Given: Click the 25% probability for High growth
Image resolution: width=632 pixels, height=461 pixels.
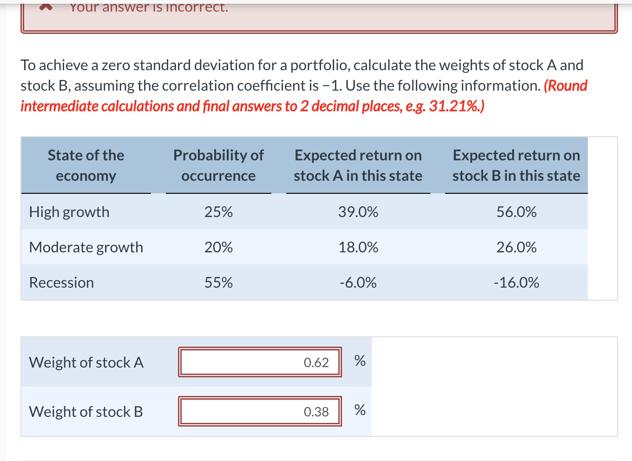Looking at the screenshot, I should (218, 212).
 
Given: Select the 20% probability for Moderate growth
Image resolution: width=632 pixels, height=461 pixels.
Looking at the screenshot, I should (218, 247).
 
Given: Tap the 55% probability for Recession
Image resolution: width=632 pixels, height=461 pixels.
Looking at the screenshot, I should (218, 283).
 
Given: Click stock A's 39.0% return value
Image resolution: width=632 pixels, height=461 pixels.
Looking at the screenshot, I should (358, 212).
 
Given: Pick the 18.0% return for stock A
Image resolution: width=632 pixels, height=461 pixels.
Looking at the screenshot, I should (358, 247).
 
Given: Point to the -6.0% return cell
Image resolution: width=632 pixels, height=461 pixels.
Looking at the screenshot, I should (358, 283).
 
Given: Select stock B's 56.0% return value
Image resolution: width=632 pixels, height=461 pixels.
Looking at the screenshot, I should (516, 212).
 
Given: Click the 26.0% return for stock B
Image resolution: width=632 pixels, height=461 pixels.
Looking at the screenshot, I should (516, 247).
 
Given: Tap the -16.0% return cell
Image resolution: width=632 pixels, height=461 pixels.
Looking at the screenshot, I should (516, 283).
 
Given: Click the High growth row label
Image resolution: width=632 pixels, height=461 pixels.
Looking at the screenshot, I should (69, 212).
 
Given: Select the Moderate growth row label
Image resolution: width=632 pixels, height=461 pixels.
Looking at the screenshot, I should (86, 247).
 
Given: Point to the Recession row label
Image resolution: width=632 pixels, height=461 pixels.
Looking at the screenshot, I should (61, 283).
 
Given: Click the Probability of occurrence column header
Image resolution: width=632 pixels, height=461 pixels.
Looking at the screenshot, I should (218, 165).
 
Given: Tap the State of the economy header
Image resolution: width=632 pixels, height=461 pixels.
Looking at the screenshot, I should (86, 165).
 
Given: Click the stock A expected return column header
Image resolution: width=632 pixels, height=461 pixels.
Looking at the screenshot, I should (358, 165).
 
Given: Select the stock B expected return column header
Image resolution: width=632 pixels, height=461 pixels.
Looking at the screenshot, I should (516, 165).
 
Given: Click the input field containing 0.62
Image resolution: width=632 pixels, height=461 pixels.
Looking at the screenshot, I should (260, 362).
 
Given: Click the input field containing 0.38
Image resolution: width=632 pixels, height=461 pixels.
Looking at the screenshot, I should (260, 411).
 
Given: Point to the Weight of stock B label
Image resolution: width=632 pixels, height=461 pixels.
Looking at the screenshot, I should (86, 412).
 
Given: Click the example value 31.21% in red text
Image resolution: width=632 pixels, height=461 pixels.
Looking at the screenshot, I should (454, 106).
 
